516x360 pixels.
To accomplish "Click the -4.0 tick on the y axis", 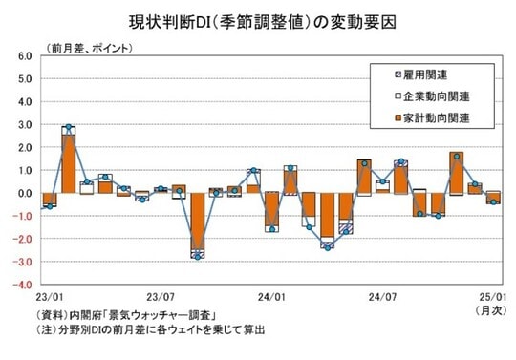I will (x=23, y=285).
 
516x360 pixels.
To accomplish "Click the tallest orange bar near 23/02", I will (x=69, y=163).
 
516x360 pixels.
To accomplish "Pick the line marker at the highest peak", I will (x=69, y=127).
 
